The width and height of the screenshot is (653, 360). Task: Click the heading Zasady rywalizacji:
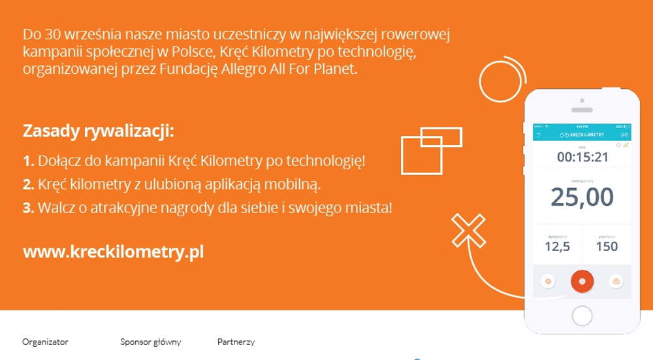pyautogui.click(x=99, y=131)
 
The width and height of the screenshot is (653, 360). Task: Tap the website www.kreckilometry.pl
pyautogui.click(x=114, y=252)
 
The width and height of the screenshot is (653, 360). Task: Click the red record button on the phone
pyautogui.click(x=582, y=281)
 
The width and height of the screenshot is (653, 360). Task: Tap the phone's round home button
pyautogui.click(x=582, y=316)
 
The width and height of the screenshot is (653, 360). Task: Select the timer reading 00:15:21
pyautogui.click(x=582, y=157)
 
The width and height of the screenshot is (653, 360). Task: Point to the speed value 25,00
pyautogui.click(x=582, y=197)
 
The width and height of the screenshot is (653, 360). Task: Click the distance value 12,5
pyautogui.click(x=557, y=246)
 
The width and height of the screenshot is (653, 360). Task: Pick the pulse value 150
pyautogui.click(x=607, y=246)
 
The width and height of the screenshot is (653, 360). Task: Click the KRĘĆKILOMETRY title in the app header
pyautogui.click(x=586, y=135)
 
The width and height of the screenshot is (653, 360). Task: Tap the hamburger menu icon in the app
pyautogui.click(x=539, y=135)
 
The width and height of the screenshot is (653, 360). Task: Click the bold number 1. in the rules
pyautogui.click(x=28, y=161)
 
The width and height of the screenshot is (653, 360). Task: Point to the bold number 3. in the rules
pyautogui.click(x=28, y=208)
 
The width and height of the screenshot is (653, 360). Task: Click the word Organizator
pyautogui.click(x=45, y=342)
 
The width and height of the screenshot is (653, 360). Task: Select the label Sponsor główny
pyautogui.click(x=150, y=342)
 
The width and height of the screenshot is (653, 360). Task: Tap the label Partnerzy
pyautogui.click(x=236, y=342)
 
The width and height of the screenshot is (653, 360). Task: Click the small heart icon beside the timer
pyautogui.click(x=618, y=145)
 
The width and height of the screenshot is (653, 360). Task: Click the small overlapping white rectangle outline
pyautogui.click(x=441, y=137)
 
